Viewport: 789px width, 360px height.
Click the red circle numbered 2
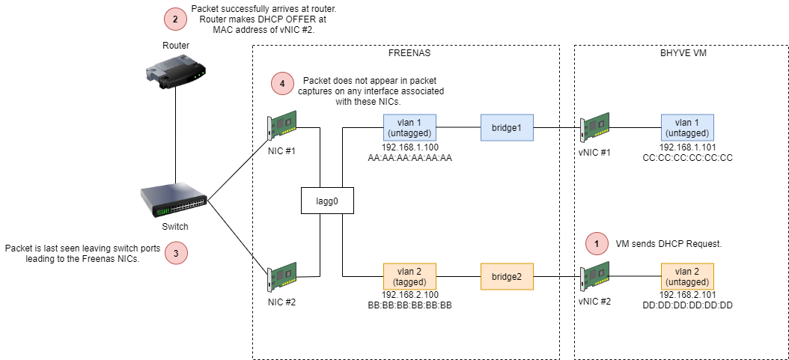(175, 19)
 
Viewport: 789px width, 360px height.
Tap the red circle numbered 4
(282, 85)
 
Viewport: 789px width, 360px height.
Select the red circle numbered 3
(176, 254)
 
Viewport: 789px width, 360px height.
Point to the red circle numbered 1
(597, 243)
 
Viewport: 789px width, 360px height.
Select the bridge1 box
(505, 128)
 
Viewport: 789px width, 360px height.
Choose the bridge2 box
(505, 277)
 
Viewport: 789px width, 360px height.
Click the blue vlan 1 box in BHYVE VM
(687, 128)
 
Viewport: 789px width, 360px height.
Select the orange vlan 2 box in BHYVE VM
(687, 277)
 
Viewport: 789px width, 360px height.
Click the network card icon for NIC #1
(283, 126)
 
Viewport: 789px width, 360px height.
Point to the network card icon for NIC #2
(283, 277)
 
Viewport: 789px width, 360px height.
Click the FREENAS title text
(409, 53)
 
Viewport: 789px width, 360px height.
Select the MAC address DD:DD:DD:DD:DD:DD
(687, 305)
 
